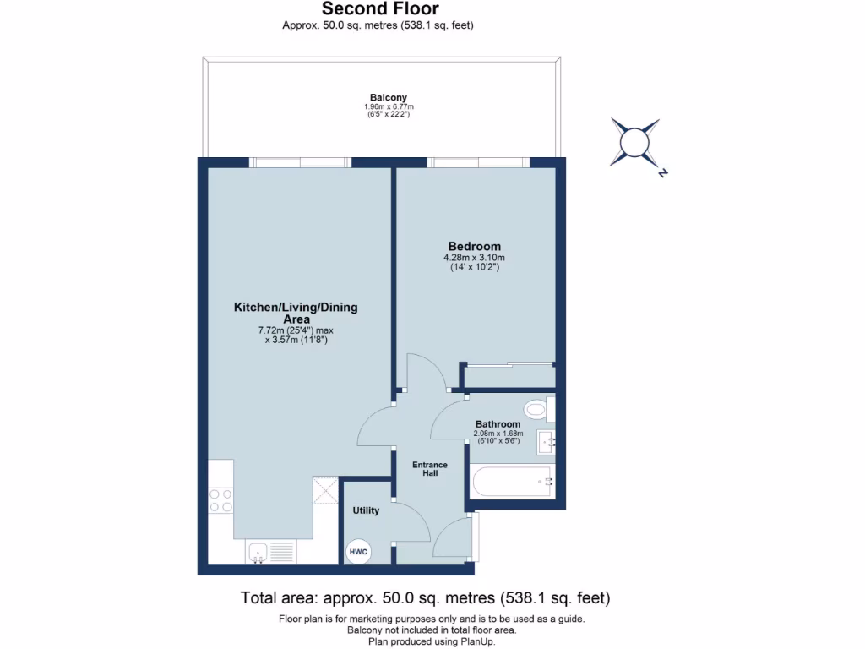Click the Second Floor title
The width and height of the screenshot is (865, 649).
(x=380, y=9)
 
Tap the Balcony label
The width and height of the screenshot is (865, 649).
(x=389, y=97)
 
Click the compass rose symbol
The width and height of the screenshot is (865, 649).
(x=634, y=141)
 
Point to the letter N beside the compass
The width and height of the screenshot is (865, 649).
(x=664, y=173)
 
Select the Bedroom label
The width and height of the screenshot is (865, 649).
(x=474, y=247)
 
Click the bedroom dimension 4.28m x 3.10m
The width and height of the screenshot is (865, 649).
(x=474, y=258)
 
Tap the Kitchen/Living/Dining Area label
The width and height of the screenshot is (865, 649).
(x=296, y=313)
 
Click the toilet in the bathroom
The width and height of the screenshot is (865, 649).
(x=537, y=411)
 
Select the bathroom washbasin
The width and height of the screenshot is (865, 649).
(x=546, y=440)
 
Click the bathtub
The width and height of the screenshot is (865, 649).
(x=512, y=482)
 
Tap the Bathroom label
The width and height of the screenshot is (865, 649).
(x=498, y=424)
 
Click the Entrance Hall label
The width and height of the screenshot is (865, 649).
(x=430, y=469)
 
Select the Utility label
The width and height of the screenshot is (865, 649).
(x=366, y=510)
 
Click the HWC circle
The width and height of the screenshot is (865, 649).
(x=358, y=552)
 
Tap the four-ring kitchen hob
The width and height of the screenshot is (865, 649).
(x=221, y=500)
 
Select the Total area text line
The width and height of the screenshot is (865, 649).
(x=425, y=598)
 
